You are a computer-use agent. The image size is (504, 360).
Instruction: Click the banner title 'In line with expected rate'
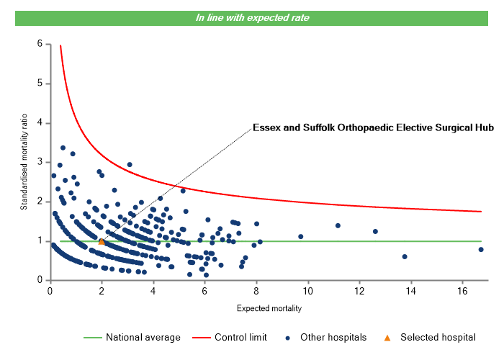[252, 17]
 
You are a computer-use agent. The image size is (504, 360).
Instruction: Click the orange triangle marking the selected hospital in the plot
[102, 241]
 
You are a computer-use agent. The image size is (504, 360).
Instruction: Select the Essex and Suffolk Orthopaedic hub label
[373, 128]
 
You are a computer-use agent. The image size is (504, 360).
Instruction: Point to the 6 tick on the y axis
[39, 44]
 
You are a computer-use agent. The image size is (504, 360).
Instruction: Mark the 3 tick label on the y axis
[39, 162]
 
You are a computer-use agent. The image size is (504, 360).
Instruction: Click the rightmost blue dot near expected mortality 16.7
[481, 249]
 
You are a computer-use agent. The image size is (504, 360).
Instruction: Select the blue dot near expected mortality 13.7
[405, 256]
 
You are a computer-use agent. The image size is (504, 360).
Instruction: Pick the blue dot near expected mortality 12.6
[375, 231]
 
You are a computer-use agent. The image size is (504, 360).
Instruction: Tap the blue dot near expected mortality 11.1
[338, 225]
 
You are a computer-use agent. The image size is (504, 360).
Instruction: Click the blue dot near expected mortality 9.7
[301, 236]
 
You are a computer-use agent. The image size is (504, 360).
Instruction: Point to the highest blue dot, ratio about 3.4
[63, 148]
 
